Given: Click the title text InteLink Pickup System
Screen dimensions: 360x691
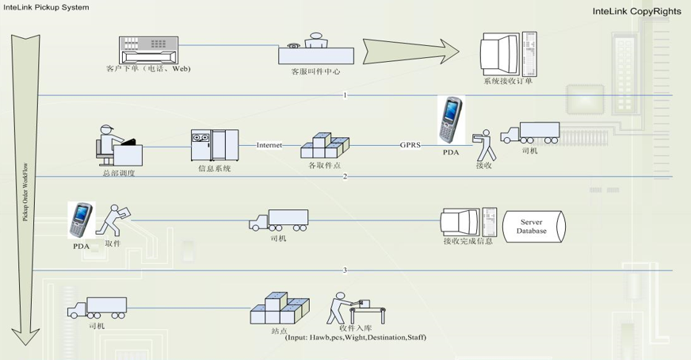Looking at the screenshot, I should [x=46, y=7].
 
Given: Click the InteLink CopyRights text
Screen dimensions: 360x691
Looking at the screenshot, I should [x=632, y=12].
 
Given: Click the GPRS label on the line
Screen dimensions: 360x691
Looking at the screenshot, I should [x=410, y=145].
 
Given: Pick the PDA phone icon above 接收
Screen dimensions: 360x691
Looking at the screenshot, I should [x=450, y=118].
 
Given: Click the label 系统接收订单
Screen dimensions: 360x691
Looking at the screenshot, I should [x=509, y=81].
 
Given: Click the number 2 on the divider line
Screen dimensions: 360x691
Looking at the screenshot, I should [x=345, y=176].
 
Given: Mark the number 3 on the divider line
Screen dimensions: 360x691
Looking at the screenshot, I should [x=345, y=270].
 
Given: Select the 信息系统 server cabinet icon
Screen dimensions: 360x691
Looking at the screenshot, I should [x=214, y=144].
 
